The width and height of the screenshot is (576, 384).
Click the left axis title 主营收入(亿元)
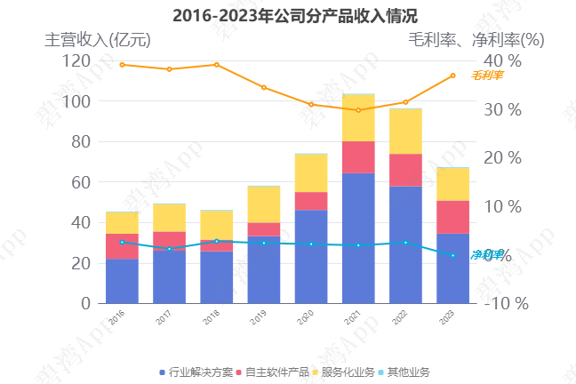(x=98, y=39)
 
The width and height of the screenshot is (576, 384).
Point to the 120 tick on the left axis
(x=76, y=60)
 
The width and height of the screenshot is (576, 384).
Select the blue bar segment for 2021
(x=358, y=238)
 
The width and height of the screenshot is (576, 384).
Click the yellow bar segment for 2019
(x=264, y=204)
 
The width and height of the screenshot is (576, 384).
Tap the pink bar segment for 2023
(x=452, y=217)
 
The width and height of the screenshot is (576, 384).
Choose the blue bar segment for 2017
(x=169, y=276)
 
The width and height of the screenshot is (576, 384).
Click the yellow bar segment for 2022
(x=405, y=131)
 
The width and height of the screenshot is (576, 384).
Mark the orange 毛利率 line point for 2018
(x=216, y=64)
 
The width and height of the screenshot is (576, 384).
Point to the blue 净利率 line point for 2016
(x=122, y=242)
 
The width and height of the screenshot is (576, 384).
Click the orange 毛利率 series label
(x=487, y=76)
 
